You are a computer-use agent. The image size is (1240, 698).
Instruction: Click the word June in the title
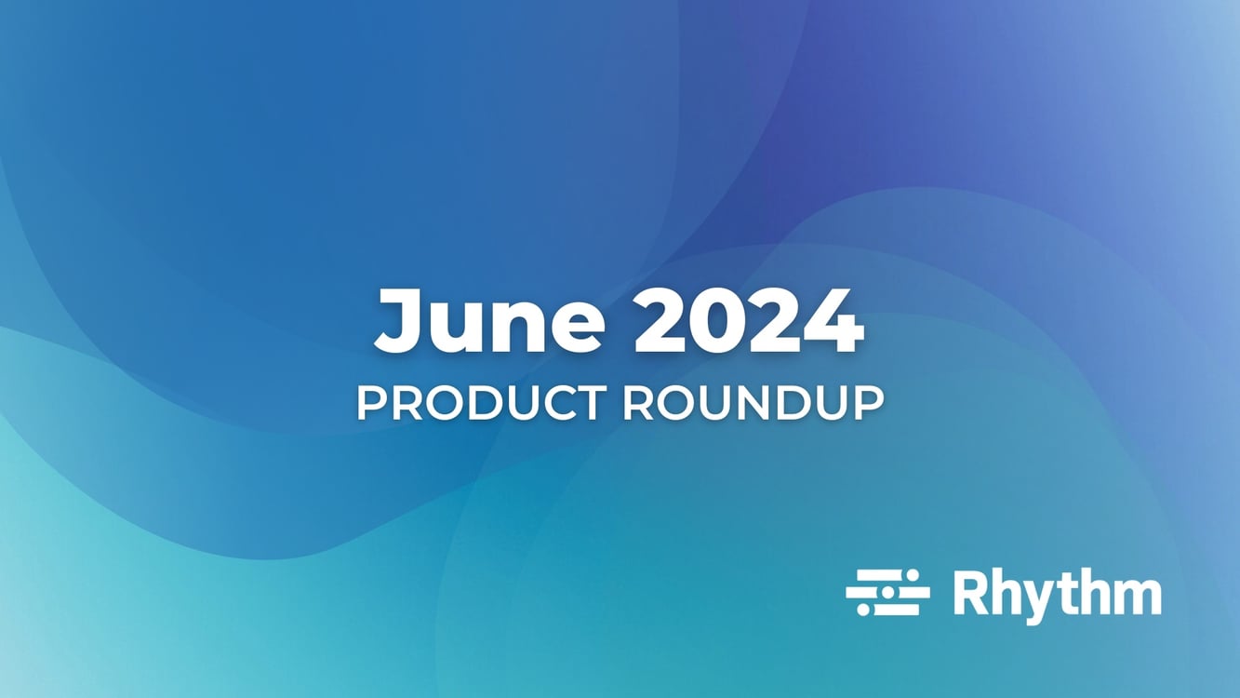(x=489, y=321)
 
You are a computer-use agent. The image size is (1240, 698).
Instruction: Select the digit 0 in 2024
(x=712, y=321)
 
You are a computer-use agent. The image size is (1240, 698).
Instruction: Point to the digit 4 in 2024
(x=831, y=321)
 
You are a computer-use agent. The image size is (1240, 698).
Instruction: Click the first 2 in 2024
(x=658, y=321)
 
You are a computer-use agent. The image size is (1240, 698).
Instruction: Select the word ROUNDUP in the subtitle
(x=753, y=403)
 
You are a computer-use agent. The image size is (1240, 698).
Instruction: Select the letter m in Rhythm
(x=1135, y=598)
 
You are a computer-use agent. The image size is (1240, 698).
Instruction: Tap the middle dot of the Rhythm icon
(x=887, y=592)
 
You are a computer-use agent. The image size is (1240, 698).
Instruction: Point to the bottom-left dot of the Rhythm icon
(x=862, y=611)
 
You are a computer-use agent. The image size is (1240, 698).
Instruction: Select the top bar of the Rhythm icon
(x=879, y=574)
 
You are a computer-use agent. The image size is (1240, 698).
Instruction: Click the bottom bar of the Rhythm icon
(x=897, y=611)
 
